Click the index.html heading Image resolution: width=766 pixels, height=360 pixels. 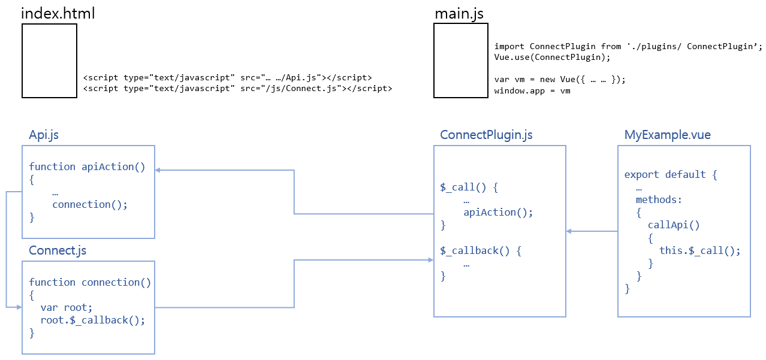point(58,13)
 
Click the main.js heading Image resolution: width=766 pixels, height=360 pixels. point(460,13)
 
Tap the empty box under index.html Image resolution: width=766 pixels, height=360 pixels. point(49,60)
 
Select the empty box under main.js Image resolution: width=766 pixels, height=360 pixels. point(460,60)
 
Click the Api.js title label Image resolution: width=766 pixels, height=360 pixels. point(44,135)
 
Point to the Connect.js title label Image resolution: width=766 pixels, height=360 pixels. point(58,250)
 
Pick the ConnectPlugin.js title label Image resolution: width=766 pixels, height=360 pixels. point(486,135)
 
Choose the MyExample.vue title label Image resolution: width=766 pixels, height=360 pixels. point(667,135)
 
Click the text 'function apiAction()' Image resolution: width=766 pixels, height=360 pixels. point(87,167)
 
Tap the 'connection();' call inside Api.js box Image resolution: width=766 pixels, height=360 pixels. point(90,204)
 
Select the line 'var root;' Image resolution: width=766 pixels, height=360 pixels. point(67,307)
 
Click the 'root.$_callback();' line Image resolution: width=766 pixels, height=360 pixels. point(93,320)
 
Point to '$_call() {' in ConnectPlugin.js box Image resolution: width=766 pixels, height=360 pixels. point(469,187)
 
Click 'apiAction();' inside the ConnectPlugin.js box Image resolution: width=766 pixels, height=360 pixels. point(498,212)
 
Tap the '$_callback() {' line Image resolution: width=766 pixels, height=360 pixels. point(481,250)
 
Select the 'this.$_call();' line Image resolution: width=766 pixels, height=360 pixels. point(699,250)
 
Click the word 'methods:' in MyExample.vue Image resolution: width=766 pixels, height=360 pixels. point(659,199)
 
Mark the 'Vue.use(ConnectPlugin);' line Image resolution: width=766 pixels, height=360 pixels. point(552,58)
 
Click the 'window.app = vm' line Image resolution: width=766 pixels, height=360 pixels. point(532,91)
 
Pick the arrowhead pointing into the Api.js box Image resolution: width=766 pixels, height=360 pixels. point(158,170)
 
